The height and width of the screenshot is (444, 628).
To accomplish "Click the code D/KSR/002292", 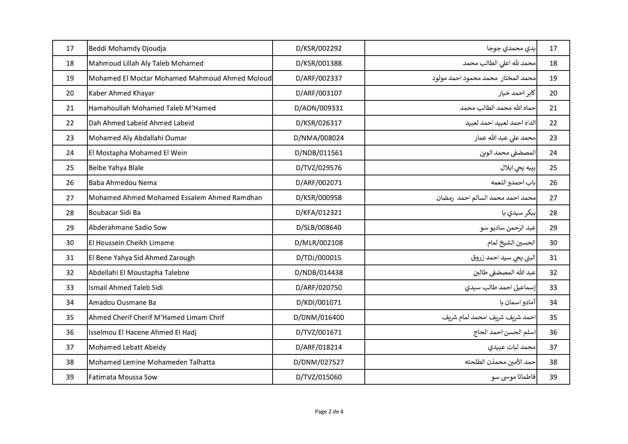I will click(x=318, y=48).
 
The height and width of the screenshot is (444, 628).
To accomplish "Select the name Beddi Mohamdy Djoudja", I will click(x=127, y=48).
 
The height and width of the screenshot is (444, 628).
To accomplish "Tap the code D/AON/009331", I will click(x=318, y=108).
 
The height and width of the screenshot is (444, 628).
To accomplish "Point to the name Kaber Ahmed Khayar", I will click(x=121, y=93).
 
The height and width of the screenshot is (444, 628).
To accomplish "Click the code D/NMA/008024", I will click(x=318, y=138).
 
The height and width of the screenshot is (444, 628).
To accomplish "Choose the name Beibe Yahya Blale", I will click(x=116, y=168).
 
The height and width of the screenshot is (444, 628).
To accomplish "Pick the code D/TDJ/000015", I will click(x=318, y=257).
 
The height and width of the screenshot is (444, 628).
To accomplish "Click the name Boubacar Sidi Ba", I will click(x=115, y=213).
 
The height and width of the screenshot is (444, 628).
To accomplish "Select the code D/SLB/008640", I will click(x=318, y=228).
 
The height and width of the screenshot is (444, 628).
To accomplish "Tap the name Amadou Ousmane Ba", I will click(x=122, y=302).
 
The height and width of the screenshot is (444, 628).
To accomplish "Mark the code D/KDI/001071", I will click(x=318, y=302).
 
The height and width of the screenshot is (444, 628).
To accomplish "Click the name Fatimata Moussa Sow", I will click(x=123, y=377).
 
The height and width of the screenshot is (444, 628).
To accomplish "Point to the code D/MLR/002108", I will click(x=318, y=243).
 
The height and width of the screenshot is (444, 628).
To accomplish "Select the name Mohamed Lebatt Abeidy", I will click(x=127, y=347).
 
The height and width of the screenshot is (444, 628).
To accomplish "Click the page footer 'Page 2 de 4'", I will click(x=329, y=412).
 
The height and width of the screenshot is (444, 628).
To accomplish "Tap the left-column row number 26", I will click(x=70, y=182).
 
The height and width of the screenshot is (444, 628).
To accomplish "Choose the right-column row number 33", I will click(x=553, y=287).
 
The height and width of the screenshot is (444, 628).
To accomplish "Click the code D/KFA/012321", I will click(x=318, y=213).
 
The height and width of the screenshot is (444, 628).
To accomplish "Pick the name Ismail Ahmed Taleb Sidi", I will click(x=126, y=287).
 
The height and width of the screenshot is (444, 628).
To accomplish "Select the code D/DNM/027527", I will click(x=318, y=362).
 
